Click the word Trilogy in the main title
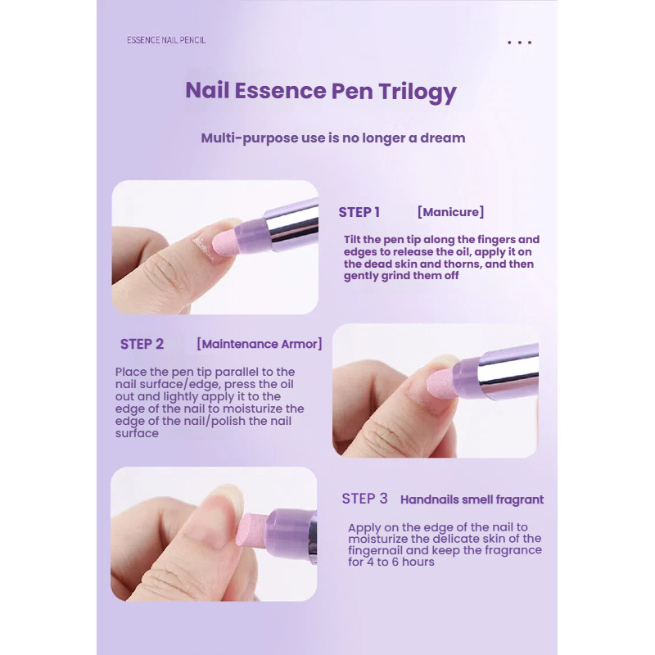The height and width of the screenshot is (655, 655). coord(418,92)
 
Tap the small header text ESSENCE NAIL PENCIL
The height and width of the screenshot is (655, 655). coord(166,40)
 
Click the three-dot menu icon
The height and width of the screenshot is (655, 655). coord(519,43)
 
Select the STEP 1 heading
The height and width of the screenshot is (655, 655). coord(359,212)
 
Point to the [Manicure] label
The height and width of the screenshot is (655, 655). coord(451,212)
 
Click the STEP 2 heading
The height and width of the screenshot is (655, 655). coord(142,344)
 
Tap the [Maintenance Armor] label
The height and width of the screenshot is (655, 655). coord(259,344)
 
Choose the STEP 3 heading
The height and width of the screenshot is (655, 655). coord(364,499)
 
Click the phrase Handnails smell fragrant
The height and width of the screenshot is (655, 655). coord(472,499)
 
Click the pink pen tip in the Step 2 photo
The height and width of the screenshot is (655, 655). coord(443,382)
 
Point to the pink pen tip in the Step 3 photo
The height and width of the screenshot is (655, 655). coord(252,531)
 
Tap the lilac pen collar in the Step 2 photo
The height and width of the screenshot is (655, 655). coord(467,377)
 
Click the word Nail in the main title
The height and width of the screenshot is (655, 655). coord(207,90)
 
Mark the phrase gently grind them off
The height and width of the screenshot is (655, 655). coord(401,276)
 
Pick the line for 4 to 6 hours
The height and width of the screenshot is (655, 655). coord(391,562)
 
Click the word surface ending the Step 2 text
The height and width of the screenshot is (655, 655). coord(137,433)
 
